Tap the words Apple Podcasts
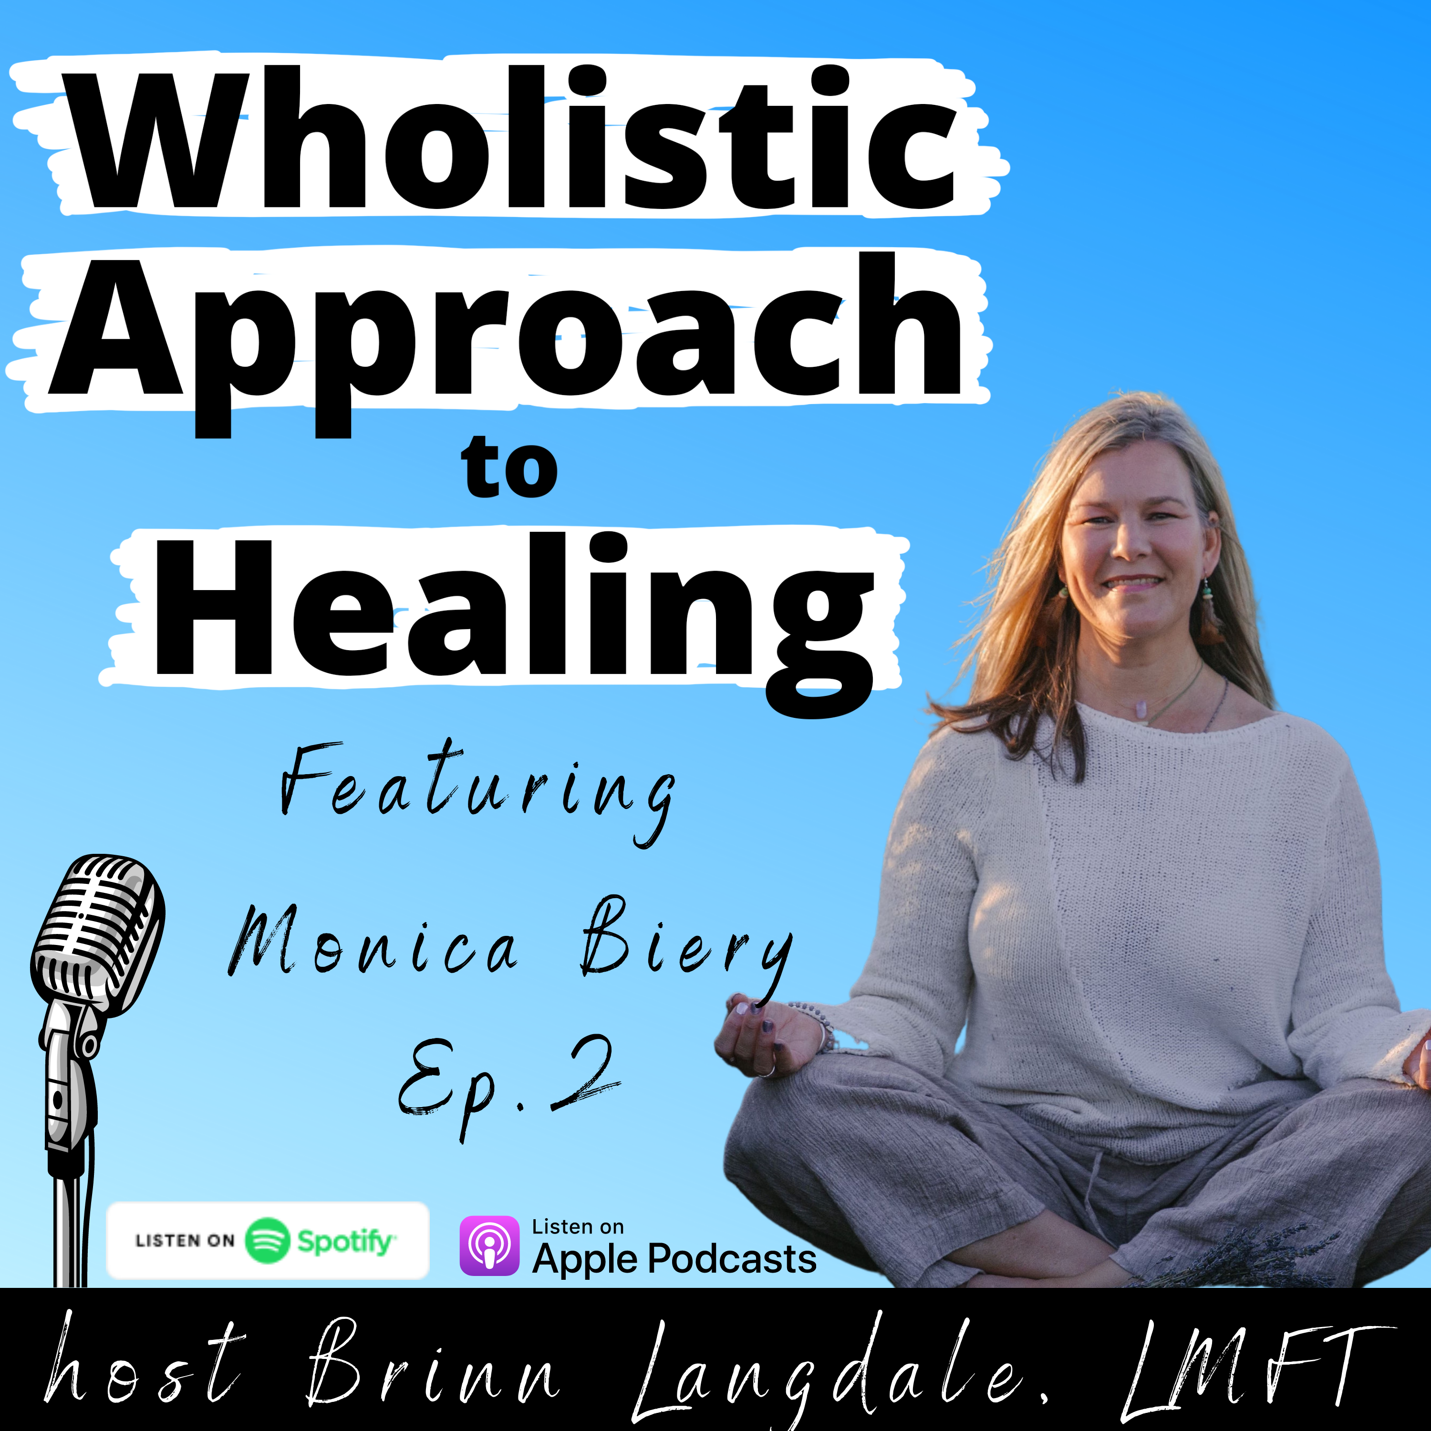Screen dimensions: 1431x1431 pos(674,1258)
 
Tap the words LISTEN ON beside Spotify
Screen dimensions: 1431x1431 pos(185,1241)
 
